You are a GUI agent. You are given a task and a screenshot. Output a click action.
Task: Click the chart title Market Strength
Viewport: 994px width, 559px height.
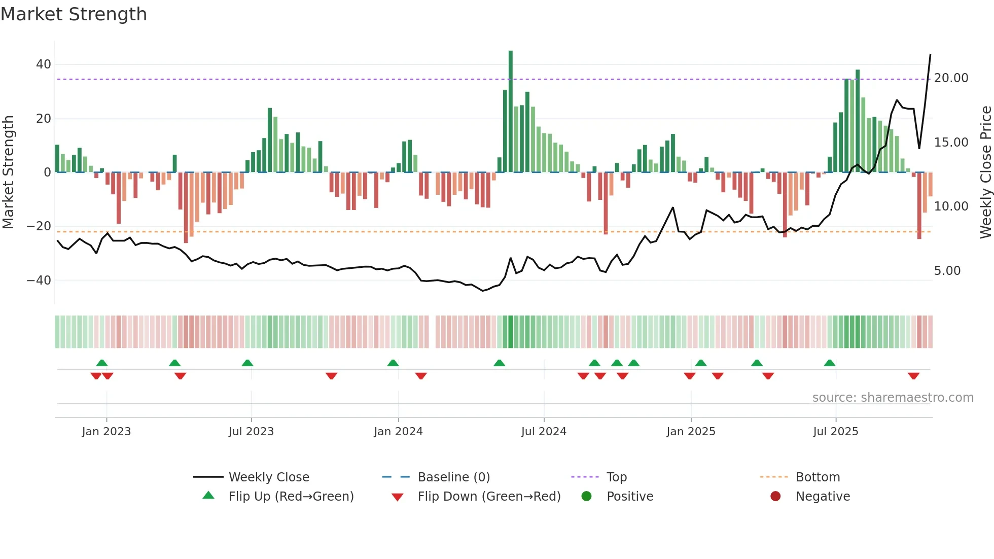(74, 14)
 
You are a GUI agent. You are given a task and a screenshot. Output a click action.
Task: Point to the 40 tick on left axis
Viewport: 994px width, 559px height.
(44, 64)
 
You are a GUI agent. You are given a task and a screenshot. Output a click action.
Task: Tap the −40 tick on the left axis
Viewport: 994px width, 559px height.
(39, 281)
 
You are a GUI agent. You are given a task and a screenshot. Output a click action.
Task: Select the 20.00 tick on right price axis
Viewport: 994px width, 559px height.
(951, 78)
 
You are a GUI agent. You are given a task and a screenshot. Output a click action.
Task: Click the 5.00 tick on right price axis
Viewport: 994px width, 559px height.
(947, 271)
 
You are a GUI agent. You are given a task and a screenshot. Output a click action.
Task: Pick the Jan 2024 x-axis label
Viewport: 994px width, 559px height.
(398, 432)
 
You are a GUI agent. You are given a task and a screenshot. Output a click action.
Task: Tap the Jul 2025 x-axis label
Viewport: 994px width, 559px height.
(835, 432)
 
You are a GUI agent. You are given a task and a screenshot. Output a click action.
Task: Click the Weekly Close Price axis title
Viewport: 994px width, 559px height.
(985, 172)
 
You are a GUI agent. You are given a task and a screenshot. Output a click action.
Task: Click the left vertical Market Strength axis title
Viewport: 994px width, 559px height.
(9, 172)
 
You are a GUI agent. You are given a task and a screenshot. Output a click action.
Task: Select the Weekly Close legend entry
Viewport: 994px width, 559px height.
(268, 477)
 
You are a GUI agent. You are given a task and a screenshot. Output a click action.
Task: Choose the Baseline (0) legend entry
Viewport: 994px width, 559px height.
(453, 477)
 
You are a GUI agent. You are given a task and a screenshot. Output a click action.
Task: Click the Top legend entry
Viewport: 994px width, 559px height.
(616, 477)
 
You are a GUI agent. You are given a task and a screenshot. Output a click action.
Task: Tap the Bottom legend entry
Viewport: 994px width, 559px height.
(818, 477)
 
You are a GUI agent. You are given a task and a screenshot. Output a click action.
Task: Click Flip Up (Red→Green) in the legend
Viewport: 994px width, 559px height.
(291, 497)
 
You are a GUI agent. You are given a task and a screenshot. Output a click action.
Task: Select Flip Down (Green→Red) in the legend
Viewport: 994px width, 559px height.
(489, 497)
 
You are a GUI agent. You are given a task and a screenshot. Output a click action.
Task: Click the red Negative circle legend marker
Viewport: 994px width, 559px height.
(775, 497)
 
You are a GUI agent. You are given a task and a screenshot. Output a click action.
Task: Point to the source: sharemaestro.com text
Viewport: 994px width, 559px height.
(893, 398)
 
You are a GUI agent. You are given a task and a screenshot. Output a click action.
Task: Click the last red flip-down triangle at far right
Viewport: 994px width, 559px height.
(913, 376)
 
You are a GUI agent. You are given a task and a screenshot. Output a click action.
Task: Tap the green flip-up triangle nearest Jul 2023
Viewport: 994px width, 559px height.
(247, 363)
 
